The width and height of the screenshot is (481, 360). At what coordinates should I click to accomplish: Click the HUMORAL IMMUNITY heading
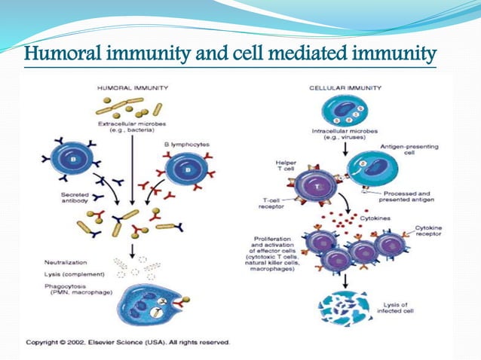pyautogui.click(x=129, y=87)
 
